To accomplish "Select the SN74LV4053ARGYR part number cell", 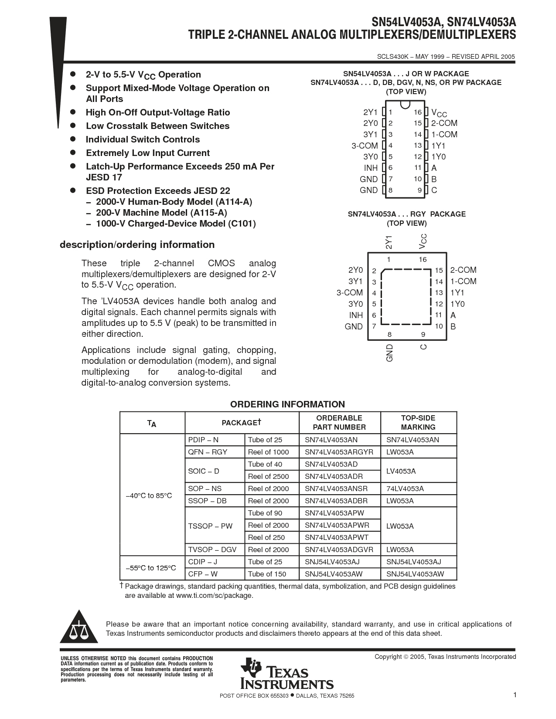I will [339, 452].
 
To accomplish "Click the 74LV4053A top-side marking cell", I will [405, 488].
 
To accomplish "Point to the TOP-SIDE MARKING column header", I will [418, 423].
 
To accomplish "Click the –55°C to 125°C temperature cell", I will [151, 568].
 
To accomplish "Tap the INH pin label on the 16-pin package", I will [371, 168].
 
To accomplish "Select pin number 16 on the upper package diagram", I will [418, 112].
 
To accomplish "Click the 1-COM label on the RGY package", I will [463, 281].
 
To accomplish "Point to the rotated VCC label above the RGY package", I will [423, 242].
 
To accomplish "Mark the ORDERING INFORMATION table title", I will [287, 404].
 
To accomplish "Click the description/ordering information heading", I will [137, 244].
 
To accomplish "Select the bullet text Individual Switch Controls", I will [143, 139].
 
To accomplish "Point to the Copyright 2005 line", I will [445, 657].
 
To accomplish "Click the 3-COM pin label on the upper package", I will [365, 146].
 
